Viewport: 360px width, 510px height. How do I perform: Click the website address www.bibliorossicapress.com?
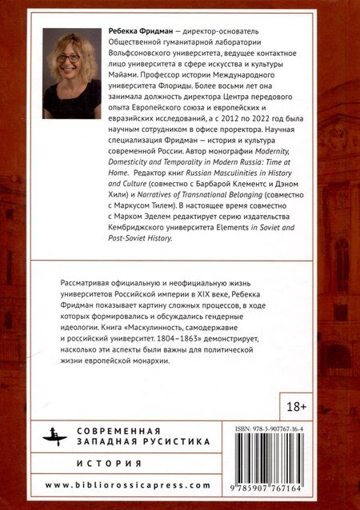(x=128, y=485)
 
